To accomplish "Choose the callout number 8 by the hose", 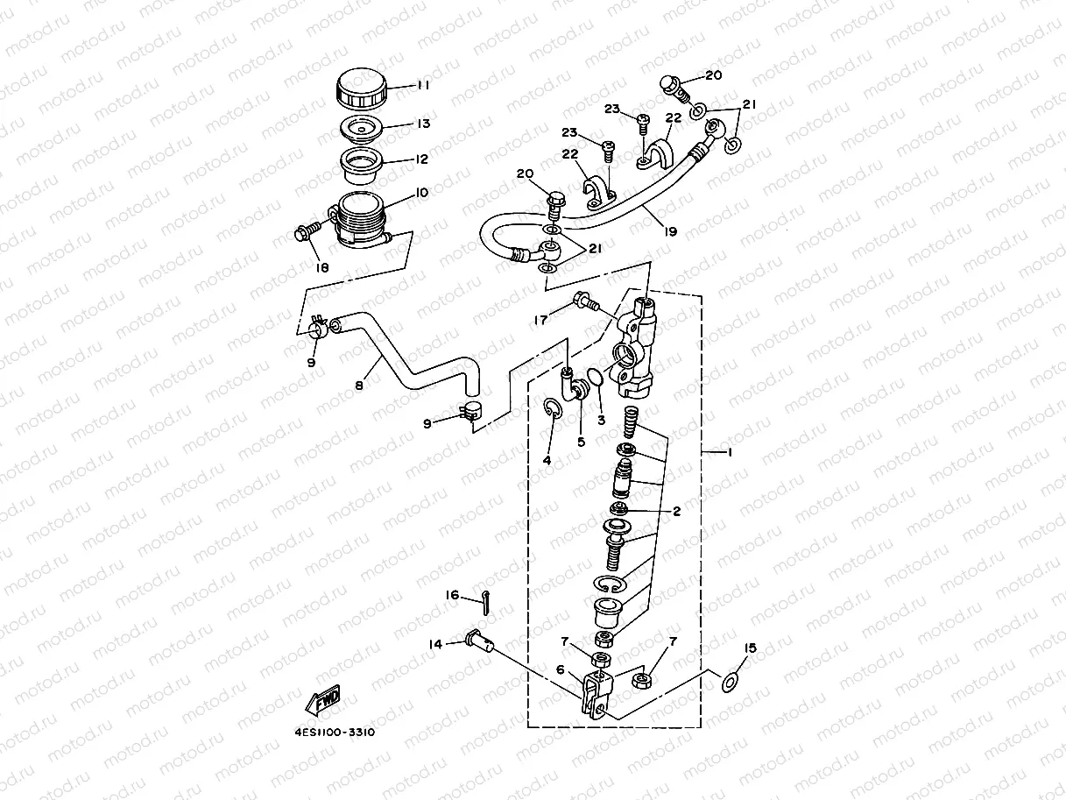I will [360, 384].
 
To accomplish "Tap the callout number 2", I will [676, 509].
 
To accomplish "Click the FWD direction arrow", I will [322, 701].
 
